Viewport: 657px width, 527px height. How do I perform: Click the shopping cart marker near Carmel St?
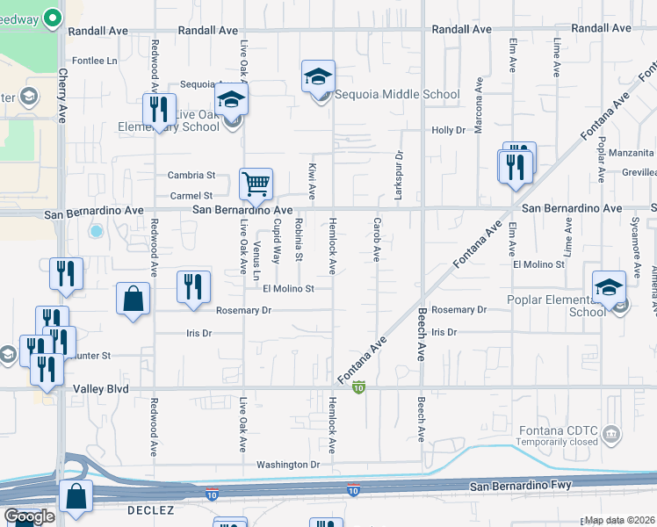256,184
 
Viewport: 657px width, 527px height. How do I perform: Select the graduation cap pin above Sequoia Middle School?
318,77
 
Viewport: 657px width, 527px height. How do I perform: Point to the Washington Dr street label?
289,464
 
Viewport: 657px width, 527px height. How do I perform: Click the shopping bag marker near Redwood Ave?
133,298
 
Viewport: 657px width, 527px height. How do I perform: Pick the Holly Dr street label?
448,130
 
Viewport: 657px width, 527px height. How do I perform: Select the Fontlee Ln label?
95,61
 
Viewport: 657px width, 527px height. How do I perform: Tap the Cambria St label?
191,176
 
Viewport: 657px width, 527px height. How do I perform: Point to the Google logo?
29,516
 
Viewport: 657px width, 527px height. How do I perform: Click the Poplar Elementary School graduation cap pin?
610,288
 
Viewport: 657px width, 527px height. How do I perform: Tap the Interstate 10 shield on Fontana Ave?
358,386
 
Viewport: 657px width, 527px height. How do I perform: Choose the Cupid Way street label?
277,242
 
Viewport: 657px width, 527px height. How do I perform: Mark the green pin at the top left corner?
52,17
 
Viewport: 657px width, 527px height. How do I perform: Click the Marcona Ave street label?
479,106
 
